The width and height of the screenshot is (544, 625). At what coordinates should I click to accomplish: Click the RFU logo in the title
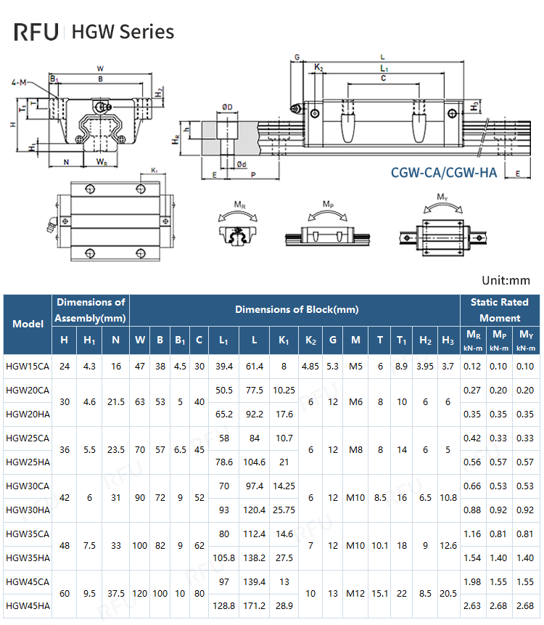click(x=38, y=32)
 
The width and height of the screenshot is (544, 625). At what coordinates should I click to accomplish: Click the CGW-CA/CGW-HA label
click(x=443, y=173)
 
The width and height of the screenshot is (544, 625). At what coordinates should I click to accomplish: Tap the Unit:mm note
click(x=506, y=280)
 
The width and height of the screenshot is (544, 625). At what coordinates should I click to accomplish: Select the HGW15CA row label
click(x=27, y=366)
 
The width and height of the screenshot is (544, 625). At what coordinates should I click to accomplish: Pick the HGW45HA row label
click(x=27, y=605)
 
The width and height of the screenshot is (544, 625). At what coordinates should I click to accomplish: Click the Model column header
click(x=28, y=323)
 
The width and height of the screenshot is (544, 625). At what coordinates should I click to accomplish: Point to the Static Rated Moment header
click(x=500, y=310)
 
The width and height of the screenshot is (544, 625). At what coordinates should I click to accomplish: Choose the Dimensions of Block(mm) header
click(x=296, y=309)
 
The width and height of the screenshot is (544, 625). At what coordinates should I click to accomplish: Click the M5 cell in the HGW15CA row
click(x=355, y=366)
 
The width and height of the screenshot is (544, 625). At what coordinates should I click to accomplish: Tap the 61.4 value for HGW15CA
click(x=254, y=366)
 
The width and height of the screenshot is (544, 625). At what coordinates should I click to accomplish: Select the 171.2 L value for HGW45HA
click(x=254, y=605)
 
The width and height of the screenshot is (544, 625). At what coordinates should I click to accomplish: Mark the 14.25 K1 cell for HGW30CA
click(x=284, y=486)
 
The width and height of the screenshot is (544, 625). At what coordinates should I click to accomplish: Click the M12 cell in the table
click(x=355, y=593)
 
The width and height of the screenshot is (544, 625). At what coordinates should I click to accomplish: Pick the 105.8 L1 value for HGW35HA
click(x=224, y=557)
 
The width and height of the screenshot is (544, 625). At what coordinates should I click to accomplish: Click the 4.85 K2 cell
click(x=310, y=366)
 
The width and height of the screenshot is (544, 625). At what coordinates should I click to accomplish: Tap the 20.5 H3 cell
click(x=448, y=593)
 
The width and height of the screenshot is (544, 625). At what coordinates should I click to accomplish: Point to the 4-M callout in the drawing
click(x=20, y=83)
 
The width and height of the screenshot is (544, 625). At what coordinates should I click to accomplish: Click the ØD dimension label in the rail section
click(x=227, y=107)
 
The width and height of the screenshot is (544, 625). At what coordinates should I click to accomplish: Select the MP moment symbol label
click(x=328, y=204)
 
